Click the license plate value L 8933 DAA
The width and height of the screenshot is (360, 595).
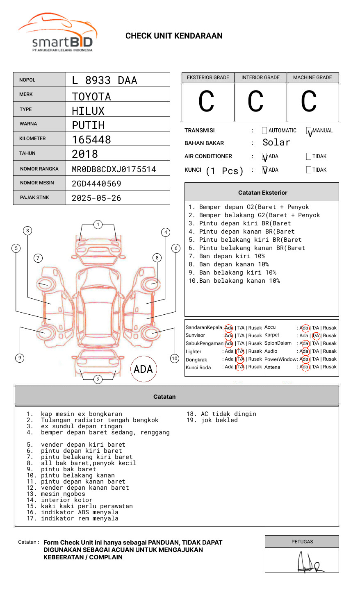[x=105, y=80]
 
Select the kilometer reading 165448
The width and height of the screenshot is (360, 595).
[x=91, y=140]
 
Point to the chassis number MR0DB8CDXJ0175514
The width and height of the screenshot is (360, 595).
[x=114, y=169]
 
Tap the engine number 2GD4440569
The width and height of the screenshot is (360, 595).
[x=96, y=184]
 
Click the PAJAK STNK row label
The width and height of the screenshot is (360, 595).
[x=34, y=198]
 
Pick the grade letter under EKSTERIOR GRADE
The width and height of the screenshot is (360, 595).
[x=206, y=102]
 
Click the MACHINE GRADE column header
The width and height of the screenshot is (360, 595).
[x=312, y=77]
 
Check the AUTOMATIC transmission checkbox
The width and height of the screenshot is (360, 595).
[x=264, y=131]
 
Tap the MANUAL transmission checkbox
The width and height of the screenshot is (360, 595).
[x=309, y=131]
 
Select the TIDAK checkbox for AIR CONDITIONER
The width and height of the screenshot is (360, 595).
[x=309, y=157]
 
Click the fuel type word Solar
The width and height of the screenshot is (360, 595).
[x=276, y=143]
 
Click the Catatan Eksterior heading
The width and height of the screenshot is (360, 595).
[x=262, y=193]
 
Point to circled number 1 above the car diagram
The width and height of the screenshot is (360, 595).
[x=98, y=225]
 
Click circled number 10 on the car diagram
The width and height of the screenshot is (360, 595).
[x=175, y=359]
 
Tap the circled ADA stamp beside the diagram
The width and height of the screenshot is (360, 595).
[x=143, y=369]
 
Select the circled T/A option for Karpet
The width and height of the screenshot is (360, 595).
[x=316, y=336]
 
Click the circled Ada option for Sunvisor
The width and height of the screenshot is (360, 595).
[x=229, y=336]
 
